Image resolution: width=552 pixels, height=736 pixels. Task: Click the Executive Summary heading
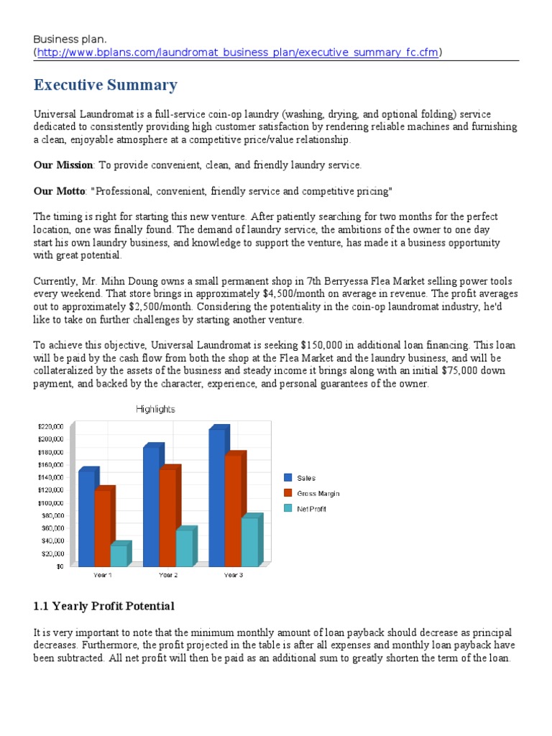point(105,86)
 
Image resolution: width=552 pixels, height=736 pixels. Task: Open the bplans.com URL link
point(238,52)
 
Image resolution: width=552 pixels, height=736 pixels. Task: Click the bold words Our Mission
point(63,165)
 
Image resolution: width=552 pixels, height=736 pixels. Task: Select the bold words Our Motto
point(59,191)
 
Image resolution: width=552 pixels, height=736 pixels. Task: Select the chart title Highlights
point(155,409)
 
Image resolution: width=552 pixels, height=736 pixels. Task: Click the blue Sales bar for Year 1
point(86,517)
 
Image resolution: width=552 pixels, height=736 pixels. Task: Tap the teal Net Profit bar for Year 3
point(249,541)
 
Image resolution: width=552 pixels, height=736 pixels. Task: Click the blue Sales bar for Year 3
point(216,497)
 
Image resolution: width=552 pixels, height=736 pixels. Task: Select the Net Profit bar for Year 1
point(119,555)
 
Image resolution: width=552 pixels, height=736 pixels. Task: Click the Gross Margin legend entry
point(318,493)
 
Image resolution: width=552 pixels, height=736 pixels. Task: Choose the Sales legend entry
point(306,478)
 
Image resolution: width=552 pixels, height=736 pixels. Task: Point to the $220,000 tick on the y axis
point(51,426)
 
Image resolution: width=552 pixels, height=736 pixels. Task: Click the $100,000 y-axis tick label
point(51,503)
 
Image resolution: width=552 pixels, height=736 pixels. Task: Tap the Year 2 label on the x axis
point(168,575)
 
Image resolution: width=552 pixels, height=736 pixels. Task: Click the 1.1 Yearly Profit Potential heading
point(104,606)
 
